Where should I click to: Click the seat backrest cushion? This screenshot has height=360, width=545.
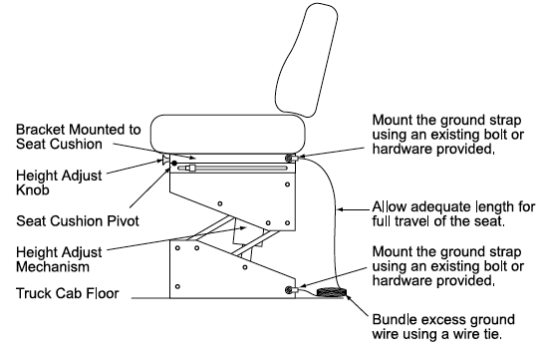tap(306, 61)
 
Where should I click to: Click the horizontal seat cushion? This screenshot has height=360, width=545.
tap(228, 134)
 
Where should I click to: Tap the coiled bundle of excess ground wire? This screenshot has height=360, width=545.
tap(331, 292)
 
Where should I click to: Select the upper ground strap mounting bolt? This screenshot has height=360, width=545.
tap(289, 159)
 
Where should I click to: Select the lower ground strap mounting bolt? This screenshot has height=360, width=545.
tap(289, 290)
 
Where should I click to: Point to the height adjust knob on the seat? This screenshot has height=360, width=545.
tap(165, 161)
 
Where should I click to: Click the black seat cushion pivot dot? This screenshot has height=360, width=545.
tap(174, 164)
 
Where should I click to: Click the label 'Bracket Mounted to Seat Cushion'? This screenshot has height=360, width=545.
tap(78, 137)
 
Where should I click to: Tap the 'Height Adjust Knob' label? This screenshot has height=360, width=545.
tap(59, 182)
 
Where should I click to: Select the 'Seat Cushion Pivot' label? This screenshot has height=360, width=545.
tap(78, 220)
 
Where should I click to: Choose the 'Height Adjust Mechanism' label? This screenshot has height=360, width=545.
tap(59, 259)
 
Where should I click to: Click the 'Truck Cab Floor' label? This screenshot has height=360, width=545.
tap(68, 293)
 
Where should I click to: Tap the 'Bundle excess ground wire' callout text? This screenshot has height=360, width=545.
tap(443, 327)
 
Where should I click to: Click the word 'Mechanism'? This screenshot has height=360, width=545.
tap(53, 267)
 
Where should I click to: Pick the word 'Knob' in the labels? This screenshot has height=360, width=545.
tap(32, 189)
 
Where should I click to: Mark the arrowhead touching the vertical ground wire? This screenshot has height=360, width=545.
tap(341, 209)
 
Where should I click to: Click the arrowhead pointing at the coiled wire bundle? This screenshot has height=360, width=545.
tap(348, 298)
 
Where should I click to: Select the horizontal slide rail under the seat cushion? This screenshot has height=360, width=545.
tap(232, 169)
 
